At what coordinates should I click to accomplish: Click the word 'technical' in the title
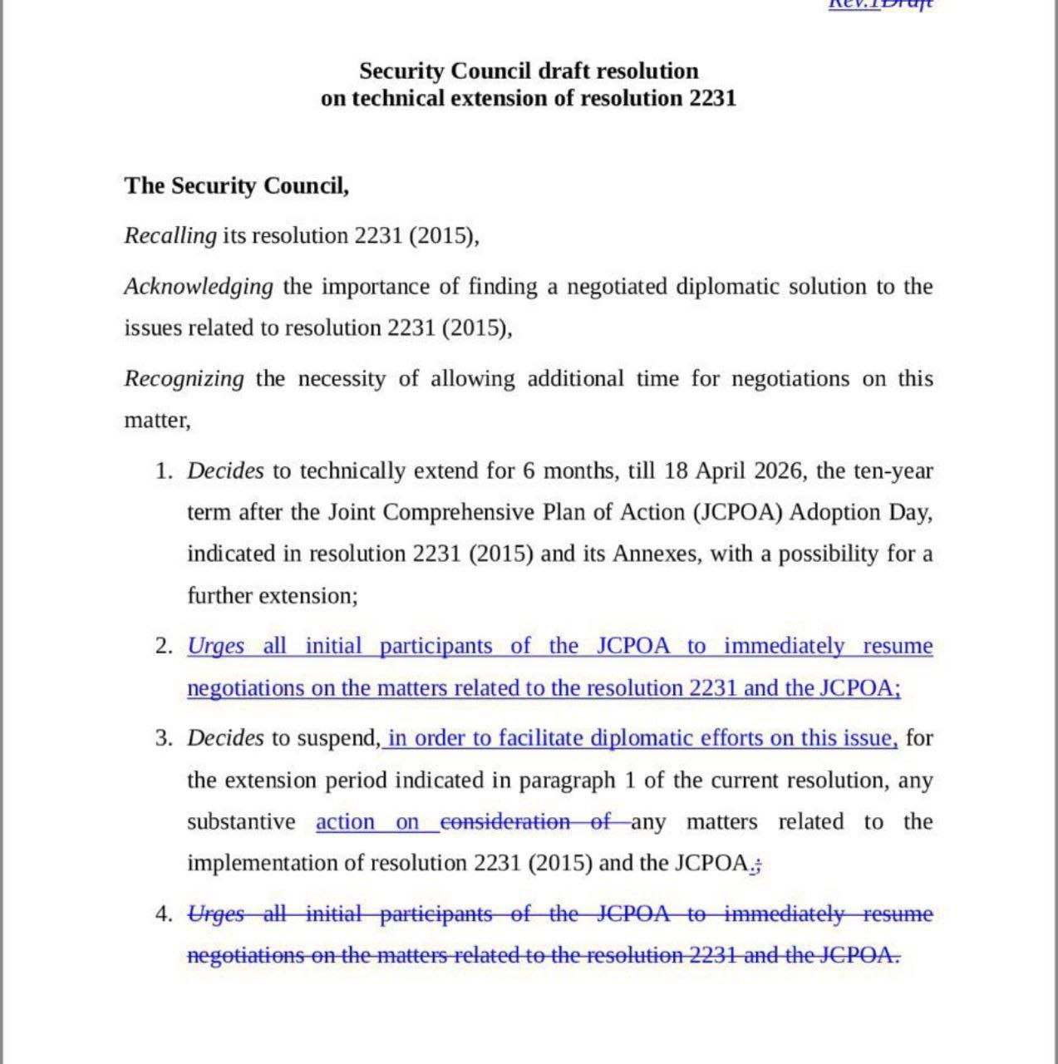(x=399, y=98)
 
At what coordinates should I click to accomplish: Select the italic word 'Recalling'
(x=170, y=236)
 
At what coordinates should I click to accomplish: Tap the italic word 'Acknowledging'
(x=199, y=287)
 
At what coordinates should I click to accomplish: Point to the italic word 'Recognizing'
(x=185, y=379)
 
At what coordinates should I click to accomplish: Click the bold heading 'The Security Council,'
(x=237, y=185)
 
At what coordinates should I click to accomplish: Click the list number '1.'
(x=164, y=471)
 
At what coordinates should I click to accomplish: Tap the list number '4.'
(x=164, y=914)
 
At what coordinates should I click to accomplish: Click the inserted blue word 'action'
(x=345, y=822)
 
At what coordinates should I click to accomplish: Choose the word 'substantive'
(x=241, y=822)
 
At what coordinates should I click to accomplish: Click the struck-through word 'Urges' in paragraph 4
(x=216, y=914)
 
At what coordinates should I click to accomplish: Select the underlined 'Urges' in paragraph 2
(x=216, y=647)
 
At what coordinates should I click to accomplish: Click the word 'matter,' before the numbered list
(x=157, y=421)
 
